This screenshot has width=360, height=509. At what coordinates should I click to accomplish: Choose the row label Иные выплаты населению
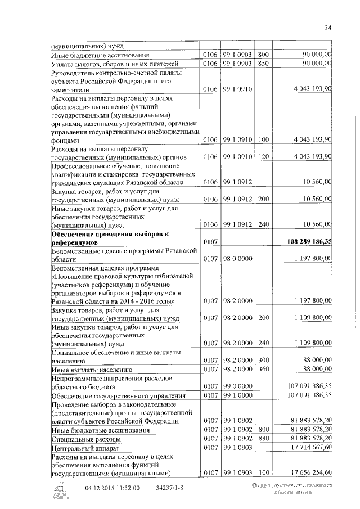pos(92,370)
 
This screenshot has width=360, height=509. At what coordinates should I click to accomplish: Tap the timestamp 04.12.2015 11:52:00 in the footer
pos(112,488)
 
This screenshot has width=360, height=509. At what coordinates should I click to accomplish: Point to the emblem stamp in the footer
pos(59,491)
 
